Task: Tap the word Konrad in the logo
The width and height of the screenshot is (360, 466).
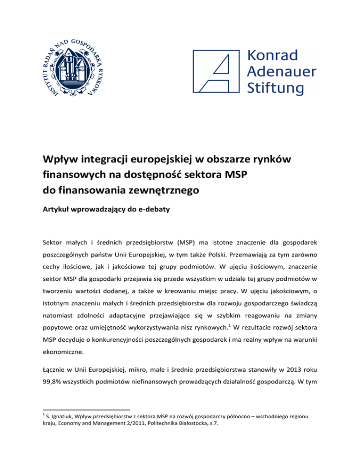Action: point(272,55)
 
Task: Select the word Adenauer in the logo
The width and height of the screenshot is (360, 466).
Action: point(281,71)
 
